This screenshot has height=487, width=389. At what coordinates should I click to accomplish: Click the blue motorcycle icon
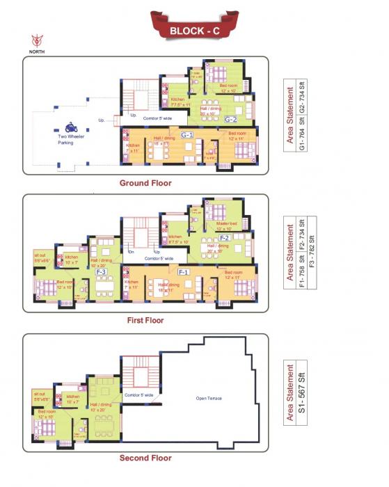pyautogui.click(x=71, y=127)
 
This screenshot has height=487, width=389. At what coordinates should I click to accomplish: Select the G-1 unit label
pyautogui.click(x=186, y=134)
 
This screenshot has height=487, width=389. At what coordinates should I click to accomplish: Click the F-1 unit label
pyautogui.click(x=184, y=271)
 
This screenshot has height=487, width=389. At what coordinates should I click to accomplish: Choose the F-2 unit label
pyautogui.click(x=225, y=238)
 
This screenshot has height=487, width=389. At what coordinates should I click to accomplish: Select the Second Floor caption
pyautogui.click(x=145, y=458)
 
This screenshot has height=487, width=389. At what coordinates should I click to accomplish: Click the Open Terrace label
pyautogui.click(x=209, y=398)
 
